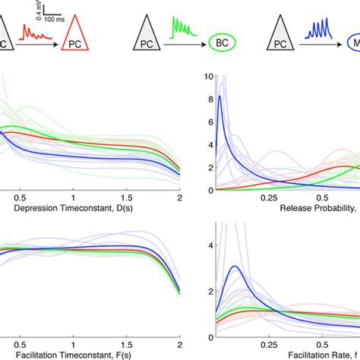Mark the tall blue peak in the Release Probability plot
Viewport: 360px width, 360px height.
click(x=220, y=96)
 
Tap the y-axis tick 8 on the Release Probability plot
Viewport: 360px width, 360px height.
click(x=201, y=99)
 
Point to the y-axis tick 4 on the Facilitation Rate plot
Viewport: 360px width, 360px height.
click(x=201, y=246)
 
